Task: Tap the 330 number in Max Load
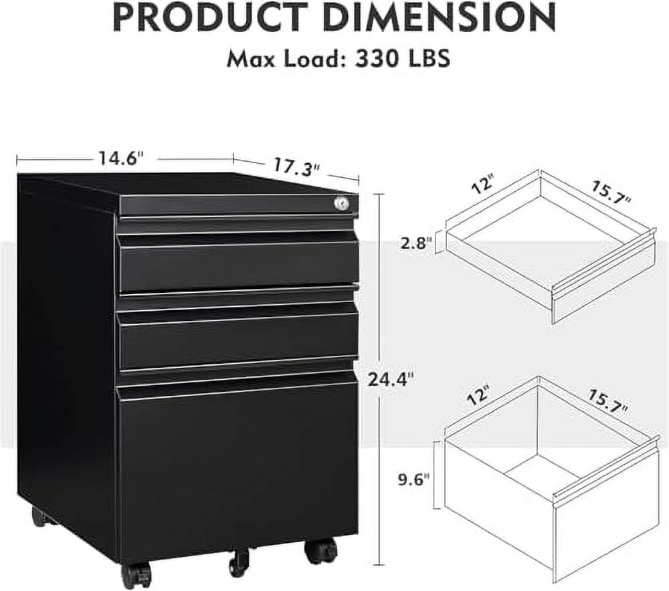click(x=377, y=58)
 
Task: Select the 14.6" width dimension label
click(x=120, y=159)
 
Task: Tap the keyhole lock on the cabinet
click(x=345, y=202)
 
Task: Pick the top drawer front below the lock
click(x=238, y=264)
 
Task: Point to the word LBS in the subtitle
click(x=426, y=58)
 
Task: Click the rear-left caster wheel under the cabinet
click(x=39, y=517)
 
